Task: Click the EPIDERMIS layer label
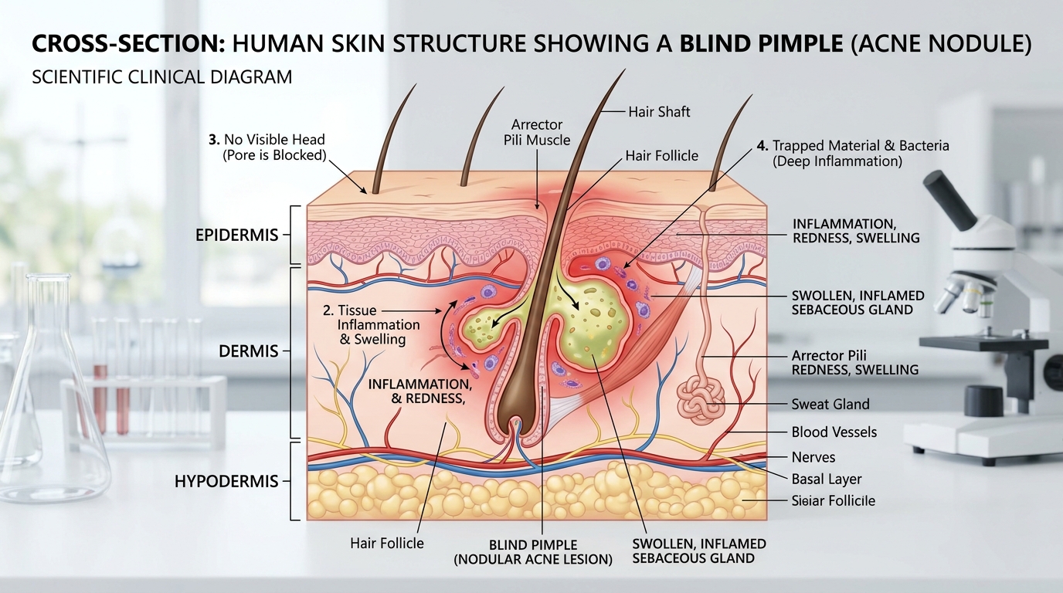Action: click(237, 236)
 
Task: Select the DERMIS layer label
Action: click(248, 351)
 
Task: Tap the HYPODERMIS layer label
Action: click(226, 482)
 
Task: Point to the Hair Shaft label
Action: click(659, 112)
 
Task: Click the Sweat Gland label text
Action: click(830, 404)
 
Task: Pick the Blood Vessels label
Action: click(834, 432)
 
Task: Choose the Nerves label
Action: click(813, 457)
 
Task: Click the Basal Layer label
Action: click(827, 479)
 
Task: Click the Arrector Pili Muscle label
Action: click(537, 132)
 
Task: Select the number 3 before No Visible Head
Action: click(214, 140)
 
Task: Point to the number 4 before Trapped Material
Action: click(762, 146)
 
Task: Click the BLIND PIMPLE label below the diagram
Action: click(533, 552)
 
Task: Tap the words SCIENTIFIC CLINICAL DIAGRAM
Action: click(161, 77)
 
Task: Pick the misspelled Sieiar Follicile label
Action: click(834, 501)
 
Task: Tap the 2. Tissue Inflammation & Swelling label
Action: click(371, 325)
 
